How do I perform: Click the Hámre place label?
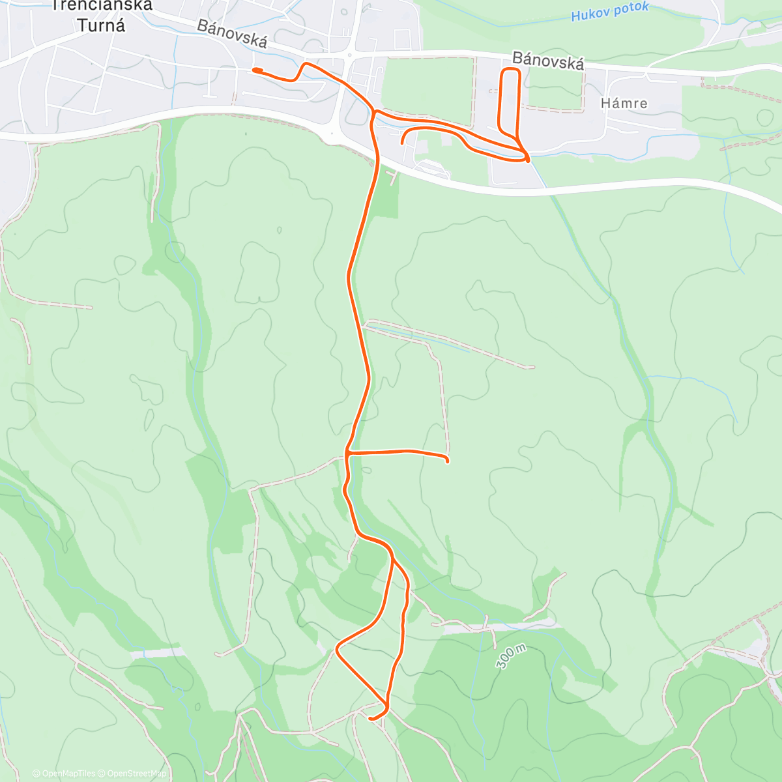click(624, 103)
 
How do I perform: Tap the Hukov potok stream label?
click(609, 12)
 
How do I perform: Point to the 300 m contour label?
click(511, 656)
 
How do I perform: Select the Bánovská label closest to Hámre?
click(548, 61)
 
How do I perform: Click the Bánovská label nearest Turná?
click(231, 33)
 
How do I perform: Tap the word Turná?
click(101, 25)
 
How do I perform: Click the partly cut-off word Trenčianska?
click(101, 6)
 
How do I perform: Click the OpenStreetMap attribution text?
click(137, 774)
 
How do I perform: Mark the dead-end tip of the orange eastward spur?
click(448, 461)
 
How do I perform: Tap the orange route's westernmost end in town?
click(253, 70)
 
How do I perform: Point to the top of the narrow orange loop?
click(510, 69)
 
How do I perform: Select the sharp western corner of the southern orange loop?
click(337, 649)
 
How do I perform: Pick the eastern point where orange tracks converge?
click(527, 156)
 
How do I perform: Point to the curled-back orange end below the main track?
click(403, 141)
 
